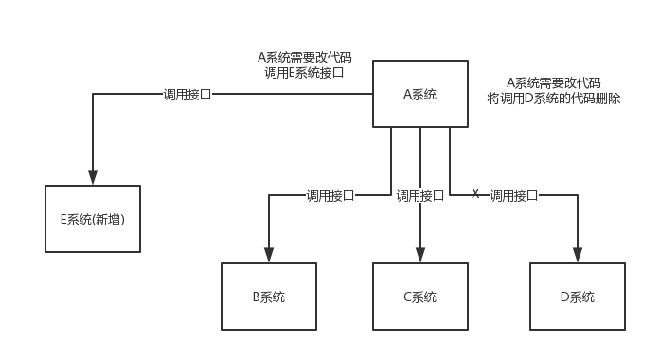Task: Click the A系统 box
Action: [x=420, y=94]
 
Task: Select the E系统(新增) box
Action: [x=93, y=219]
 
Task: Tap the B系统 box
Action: [x=269, y=297]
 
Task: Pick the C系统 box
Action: [x=420, y=297]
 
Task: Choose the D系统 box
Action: [x=577, y=297]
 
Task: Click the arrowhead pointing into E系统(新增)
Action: [x=93, y=177]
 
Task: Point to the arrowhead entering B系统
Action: [x=269, y=255]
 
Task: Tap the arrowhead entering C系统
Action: [x=420, y=255]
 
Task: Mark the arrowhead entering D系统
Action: [x=577, y=255]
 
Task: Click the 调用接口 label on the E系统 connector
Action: [x=187, y=94]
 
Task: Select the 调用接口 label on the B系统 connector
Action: [x=330, y=196]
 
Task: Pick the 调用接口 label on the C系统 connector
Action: [x=420, y=196]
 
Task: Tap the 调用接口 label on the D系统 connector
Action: [x=514, y=196]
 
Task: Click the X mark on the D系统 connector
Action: [x=475, y=193]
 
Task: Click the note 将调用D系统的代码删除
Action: [x=554, y=98]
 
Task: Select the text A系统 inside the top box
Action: [x=420, y=94]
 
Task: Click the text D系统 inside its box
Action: [x=577, y=297]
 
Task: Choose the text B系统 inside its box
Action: [x=269, y=297]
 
